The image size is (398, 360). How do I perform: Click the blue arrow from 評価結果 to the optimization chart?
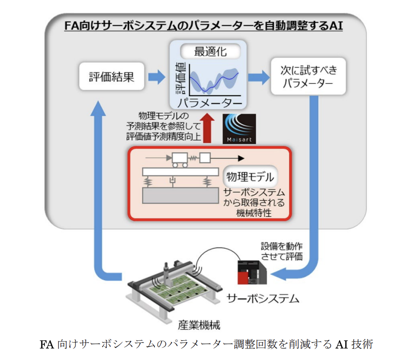[x=157, y=76]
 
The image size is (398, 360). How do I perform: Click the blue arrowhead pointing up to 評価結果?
[x=99, y=107]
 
